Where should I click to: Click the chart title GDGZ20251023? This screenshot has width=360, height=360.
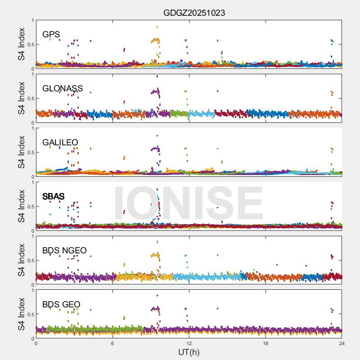click(194, 13)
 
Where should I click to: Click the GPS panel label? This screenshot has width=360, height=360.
click(51, 34)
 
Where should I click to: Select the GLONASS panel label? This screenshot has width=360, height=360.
click(63, 88)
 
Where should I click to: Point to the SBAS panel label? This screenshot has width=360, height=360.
click(54, 196)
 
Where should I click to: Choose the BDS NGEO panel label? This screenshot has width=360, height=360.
click(64, 250)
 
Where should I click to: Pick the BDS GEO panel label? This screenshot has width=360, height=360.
click(61, 304)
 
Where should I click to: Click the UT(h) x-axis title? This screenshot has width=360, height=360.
click(189, 352)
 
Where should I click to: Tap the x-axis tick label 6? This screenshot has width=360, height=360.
click(112, 343)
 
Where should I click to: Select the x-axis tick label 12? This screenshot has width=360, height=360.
click(189, 343)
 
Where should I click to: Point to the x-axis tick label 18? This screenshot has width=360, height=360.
click(265, 343)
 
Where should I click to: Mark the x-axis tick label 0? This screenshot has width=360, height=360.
click(36, 343)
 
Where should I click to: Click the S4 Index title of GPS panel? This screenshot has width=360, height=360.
click(22, 45)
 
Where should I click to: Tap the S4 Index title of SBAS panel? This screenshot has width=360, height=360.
click(22, 207)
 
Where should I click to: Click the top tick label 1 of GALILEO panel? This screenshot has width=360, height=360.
click(32, 129)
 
